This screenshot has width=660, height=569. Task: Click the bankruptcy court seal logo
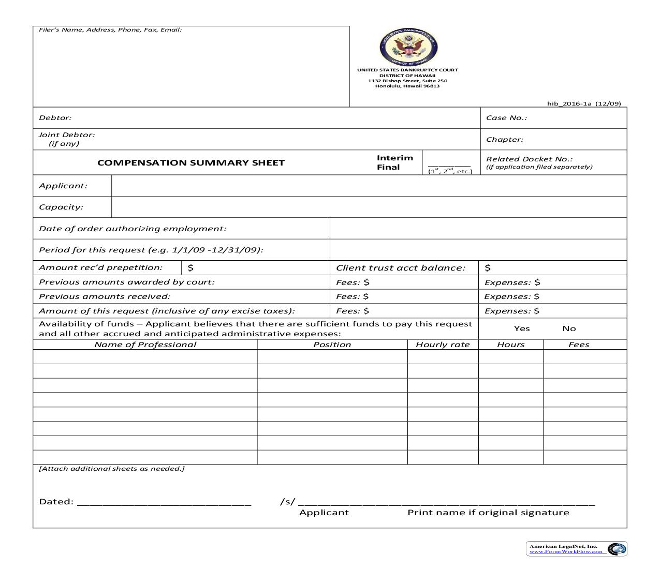coord(408,47)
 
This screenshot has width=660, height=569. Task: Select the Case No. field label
coord(506,118)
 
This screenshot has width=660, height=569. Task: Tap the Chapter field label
coord(504,140)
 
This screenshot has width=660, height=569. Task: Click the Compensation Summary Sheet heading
coord(191,163)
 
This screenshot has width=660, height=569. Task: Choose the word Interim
coord(394,158)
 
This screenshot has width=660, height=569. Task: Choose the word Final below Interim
coord(388,168)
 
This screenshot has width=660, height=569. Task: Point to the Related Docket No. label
coord(529,159)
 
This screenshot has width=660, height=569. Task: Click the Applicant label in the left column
coord(63,186)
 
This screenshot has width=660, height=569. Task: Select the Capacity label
coord(61,207)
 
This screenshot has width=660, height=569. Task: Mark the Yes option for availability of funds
coord(522,328)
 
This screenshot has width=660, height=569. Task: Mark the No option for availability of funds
coord(569,328)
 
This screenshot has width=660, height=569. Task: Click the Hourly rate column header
coord(443,345)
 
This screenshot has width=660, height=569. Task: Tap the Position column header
coord(332,345)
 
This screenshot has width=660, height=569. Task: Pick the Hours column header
coord(510,345)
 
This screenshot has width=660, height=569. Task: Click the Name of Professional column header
coord(145,345)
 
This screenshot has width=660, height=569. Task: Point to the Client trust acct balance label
coord(400,268)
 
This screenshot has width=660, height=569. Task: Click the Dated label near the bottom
coord(56,502)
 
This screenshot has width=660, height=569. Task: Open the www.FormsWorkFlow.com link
coord(566,551)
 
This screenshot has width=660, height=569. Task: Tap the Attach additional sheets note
coord(112,469)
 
